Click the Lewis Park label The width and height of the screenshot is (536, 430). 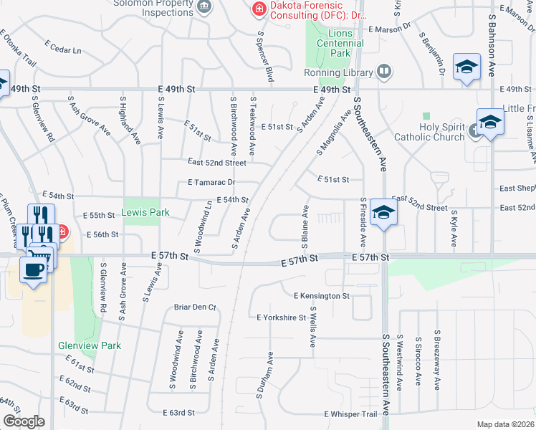(145, 212)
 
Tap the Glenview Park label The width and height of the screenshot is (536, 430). (90, 345)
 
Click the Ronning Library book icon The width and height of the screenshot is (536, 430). (385, 72)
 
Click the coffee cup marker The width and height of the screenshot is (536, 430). (34, 269)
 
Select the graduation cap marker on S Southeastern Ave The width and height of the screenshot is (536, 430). (384, 213)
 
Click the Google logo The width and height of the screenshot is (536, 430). (23, 421)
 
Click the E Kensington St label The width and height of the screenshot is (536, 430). (321, 295)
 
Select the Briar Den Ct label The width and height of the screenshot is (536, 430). (195, 307)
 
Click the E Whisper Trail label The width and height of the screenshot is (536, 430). (350, 414)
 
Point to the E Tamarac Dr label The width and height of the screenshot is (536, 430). (211, 183)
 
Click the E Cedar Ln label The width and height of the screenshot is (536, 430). (63, 50)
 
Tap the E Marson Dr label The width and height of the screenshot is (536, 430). (389, 30)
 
